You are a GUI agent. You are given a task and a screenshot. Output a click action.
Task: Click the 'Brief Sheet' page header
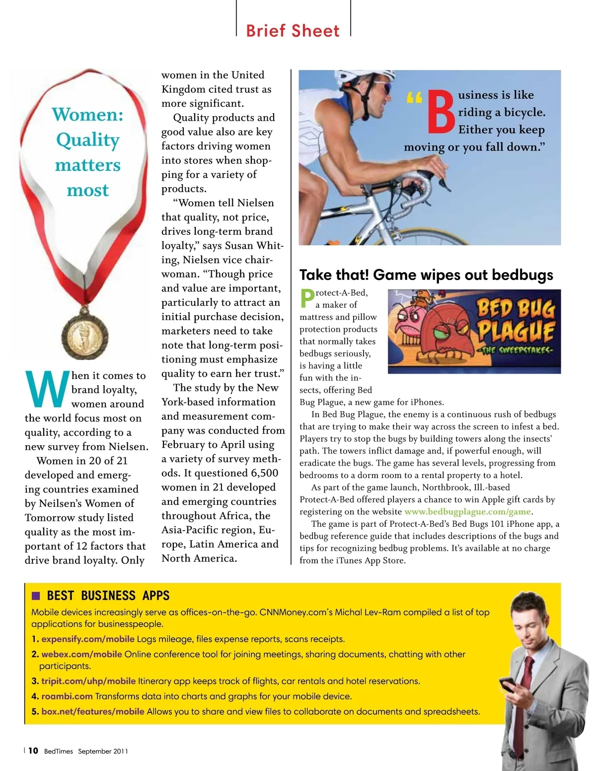point(293,31)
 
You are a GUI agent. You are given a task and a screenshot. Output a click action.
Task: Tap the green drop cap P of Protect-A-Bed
point(307,298)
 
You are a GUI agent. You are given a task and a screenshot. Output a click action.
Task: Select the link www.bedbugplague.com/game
point(468,512)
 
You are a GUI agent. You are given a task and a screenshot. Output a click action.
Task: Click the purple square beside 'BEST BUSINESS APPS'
point(36,596)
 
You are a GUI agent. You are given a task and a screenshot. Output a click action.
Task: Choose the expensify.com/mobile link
point(88,639)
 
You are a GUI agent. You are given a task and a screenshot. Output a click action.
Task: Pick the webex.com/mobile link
point(81,654)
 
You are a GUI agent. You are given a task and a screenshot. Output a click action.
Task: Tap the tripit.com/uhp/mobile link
point(88,681)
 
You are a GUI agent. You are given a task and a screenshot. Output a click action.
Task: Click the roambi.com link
point(67,697)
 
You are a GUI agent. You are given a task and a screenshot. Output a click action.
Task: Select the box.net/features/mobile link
point(93,712)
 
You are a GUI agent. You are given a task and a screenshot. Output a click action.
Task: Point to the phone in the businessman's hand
point(508,685)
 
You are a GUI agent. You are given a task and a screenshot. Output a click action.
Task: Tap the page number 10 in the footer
point(33,751)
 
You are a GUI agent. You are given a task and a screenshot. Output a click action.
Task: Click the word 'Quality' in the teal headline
point(88,140)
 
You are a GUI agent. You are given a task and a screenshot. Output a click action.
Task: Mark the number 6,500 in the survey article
point(262,473)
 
